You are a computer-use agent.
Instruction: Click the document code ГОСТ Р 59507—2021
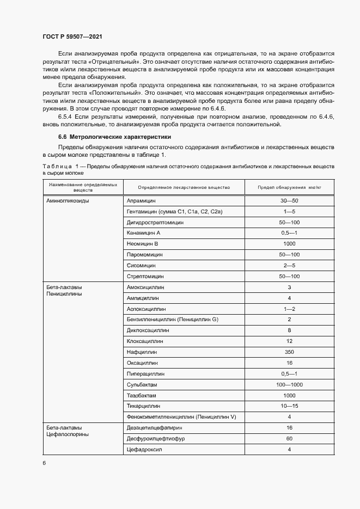click(x=72, y=36)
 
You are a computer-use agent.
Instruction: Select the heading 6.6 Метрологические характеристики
click(x=114, y=137)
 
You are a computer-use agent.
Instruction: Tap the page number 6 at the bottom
click(x=44, y=463)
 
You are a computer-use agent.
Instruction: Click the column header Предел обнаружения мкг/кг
click(x=289, y=187)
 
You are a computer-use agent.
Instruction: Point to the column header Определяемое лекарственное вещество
click(x=184, y=187)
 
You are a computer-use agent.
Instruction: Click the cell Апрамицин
click(x=141, y=201)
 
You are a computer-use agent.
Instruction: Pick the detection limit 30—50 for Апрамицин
click(x=289, y=201)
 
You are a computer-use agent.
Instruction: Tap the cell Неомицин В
click(x=142, y=244)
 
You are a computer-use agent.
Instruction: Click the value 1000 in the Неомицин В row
click(x=289, y=244)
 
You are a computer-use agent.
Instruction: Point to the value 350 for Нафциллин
click(x=289, y=352)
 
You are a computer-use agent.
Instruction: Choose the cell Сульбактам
click(x=142, y=384)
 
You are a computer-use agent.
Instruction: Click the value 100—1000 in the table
click(x=289, y=384)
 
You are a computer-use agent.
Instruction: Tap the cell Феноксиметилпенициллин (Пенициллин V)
click(x=181, y=416)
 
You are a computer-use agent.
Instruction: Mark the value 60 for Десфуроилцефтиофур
click(x=289, y=438)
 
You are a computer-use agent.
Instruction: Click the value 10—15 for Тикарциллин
click(x=289, y=406)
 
